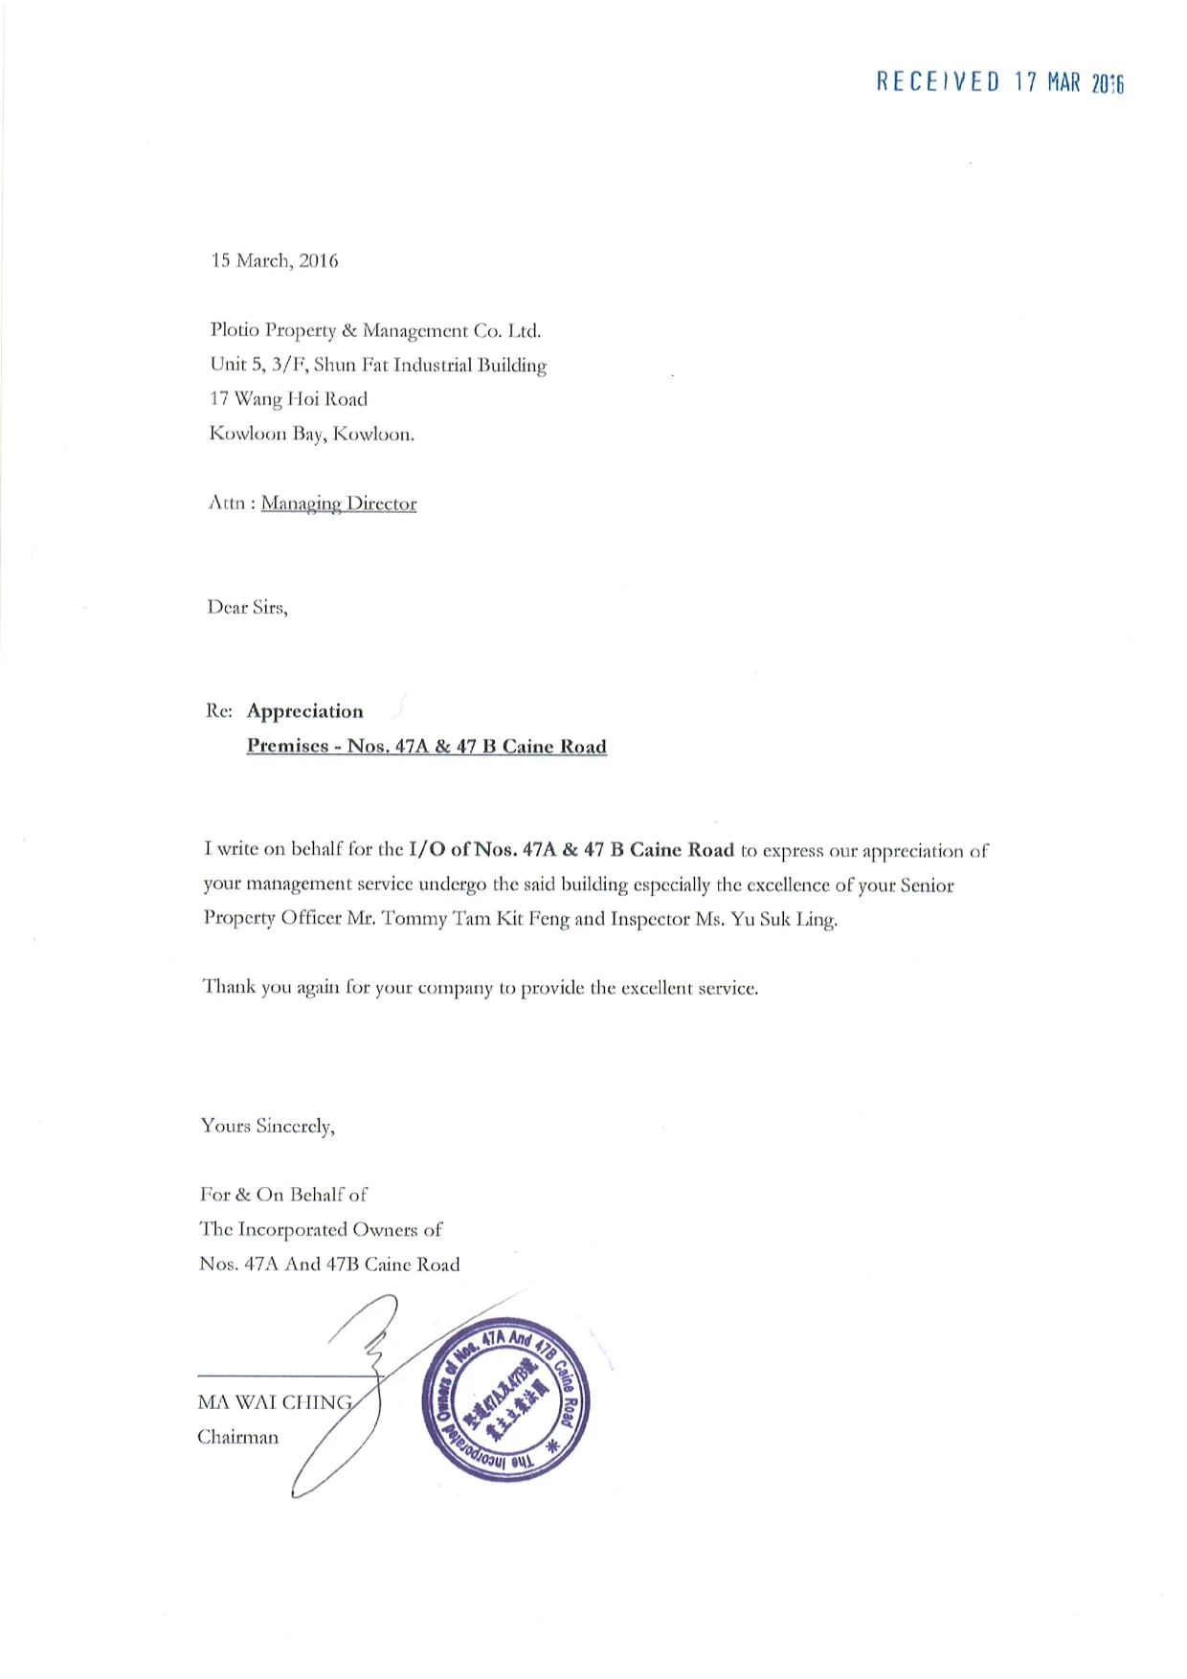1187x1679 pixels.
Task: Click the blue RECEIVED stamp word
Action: point(937,82)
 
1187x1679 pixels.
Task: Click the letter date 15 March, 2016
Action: point(275,261)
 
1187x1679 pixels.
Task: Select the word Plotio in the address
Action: point(235,331)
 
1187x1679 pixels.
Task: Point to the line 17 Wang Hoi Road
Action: point(288,399)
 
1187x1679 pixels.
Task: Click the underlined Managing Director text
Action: point(339,504)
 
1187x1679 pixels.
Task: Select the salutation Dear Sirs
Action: point(247,608)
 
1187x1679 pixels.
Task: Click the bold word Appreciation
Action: point(305,711)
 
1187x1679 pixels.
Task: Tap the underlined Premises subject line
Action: point(427,747)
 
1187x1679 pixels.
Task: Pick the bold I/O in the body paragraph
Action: point(426,850)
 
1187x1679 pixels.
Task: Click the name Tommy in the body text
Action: point(414,919)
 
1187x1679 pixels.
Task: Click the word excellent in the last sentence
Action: point(657,988)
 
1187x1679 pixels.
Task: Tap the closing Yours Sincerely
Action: point(267,1127)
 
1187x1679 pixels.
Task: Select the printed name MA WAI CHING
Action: point(275,1403)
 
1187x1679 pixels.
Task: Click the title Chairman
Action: point(238,1438)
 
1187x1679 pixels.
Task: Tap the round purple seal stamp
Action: point(505,1404)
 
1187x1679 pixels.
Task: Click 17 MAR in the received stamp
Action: point(1047,82)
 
